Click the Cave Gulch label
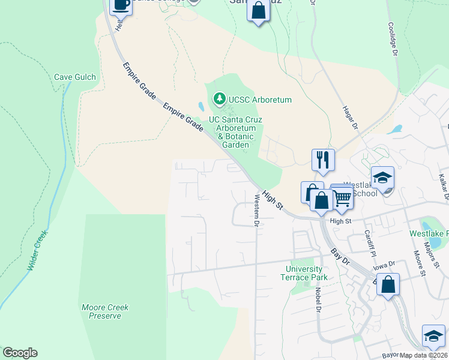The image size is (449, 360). pyautogui.click(x=76, y=77)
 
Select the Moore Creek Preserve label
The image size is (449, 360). pyautogui.click(x=105, y=311)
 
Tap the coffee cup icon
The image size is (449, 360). pyautogui.click(x=121, y=5)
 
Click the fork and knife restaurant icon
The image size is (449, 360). pyautogui.click(x=323, y=159)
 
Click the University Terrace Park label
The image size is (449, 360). pyautogui.click(x=304, y=273)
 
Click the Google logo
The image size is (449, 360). pyautogui.click(x=20, y=353)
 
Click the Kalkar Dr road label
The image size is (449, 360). pyautogui.click(x=443, y=186)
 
